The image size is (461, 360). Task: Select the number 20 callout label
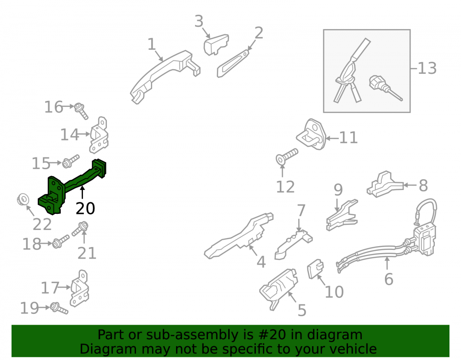point(85,209)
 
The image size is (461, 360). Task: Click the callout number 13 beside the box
point(427,69)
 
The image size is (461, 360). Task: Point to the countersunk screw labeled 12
point(287,156)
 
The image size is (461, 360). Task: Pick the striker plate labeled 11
point(311,134)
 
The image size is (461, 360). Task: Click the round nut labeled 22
point(23,200)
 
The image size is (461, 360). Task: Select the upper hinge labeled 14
point(99,135)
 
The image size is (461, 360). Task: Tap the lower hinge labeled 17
point(79,289)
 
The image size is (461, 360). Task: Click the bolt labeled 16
point(81,111)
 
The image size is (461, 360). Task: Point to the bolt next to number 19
point(59,308)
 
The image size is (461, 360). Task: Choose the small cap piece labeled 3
point(216,44)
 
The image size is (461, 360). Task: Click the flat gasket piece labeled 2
point(233,64)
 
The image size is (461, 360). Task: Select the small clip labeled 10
point(315,268)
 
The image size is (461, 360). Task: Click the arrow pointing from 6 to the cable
point(387,263)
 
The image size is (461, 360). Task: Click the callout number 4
point(261,262)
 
